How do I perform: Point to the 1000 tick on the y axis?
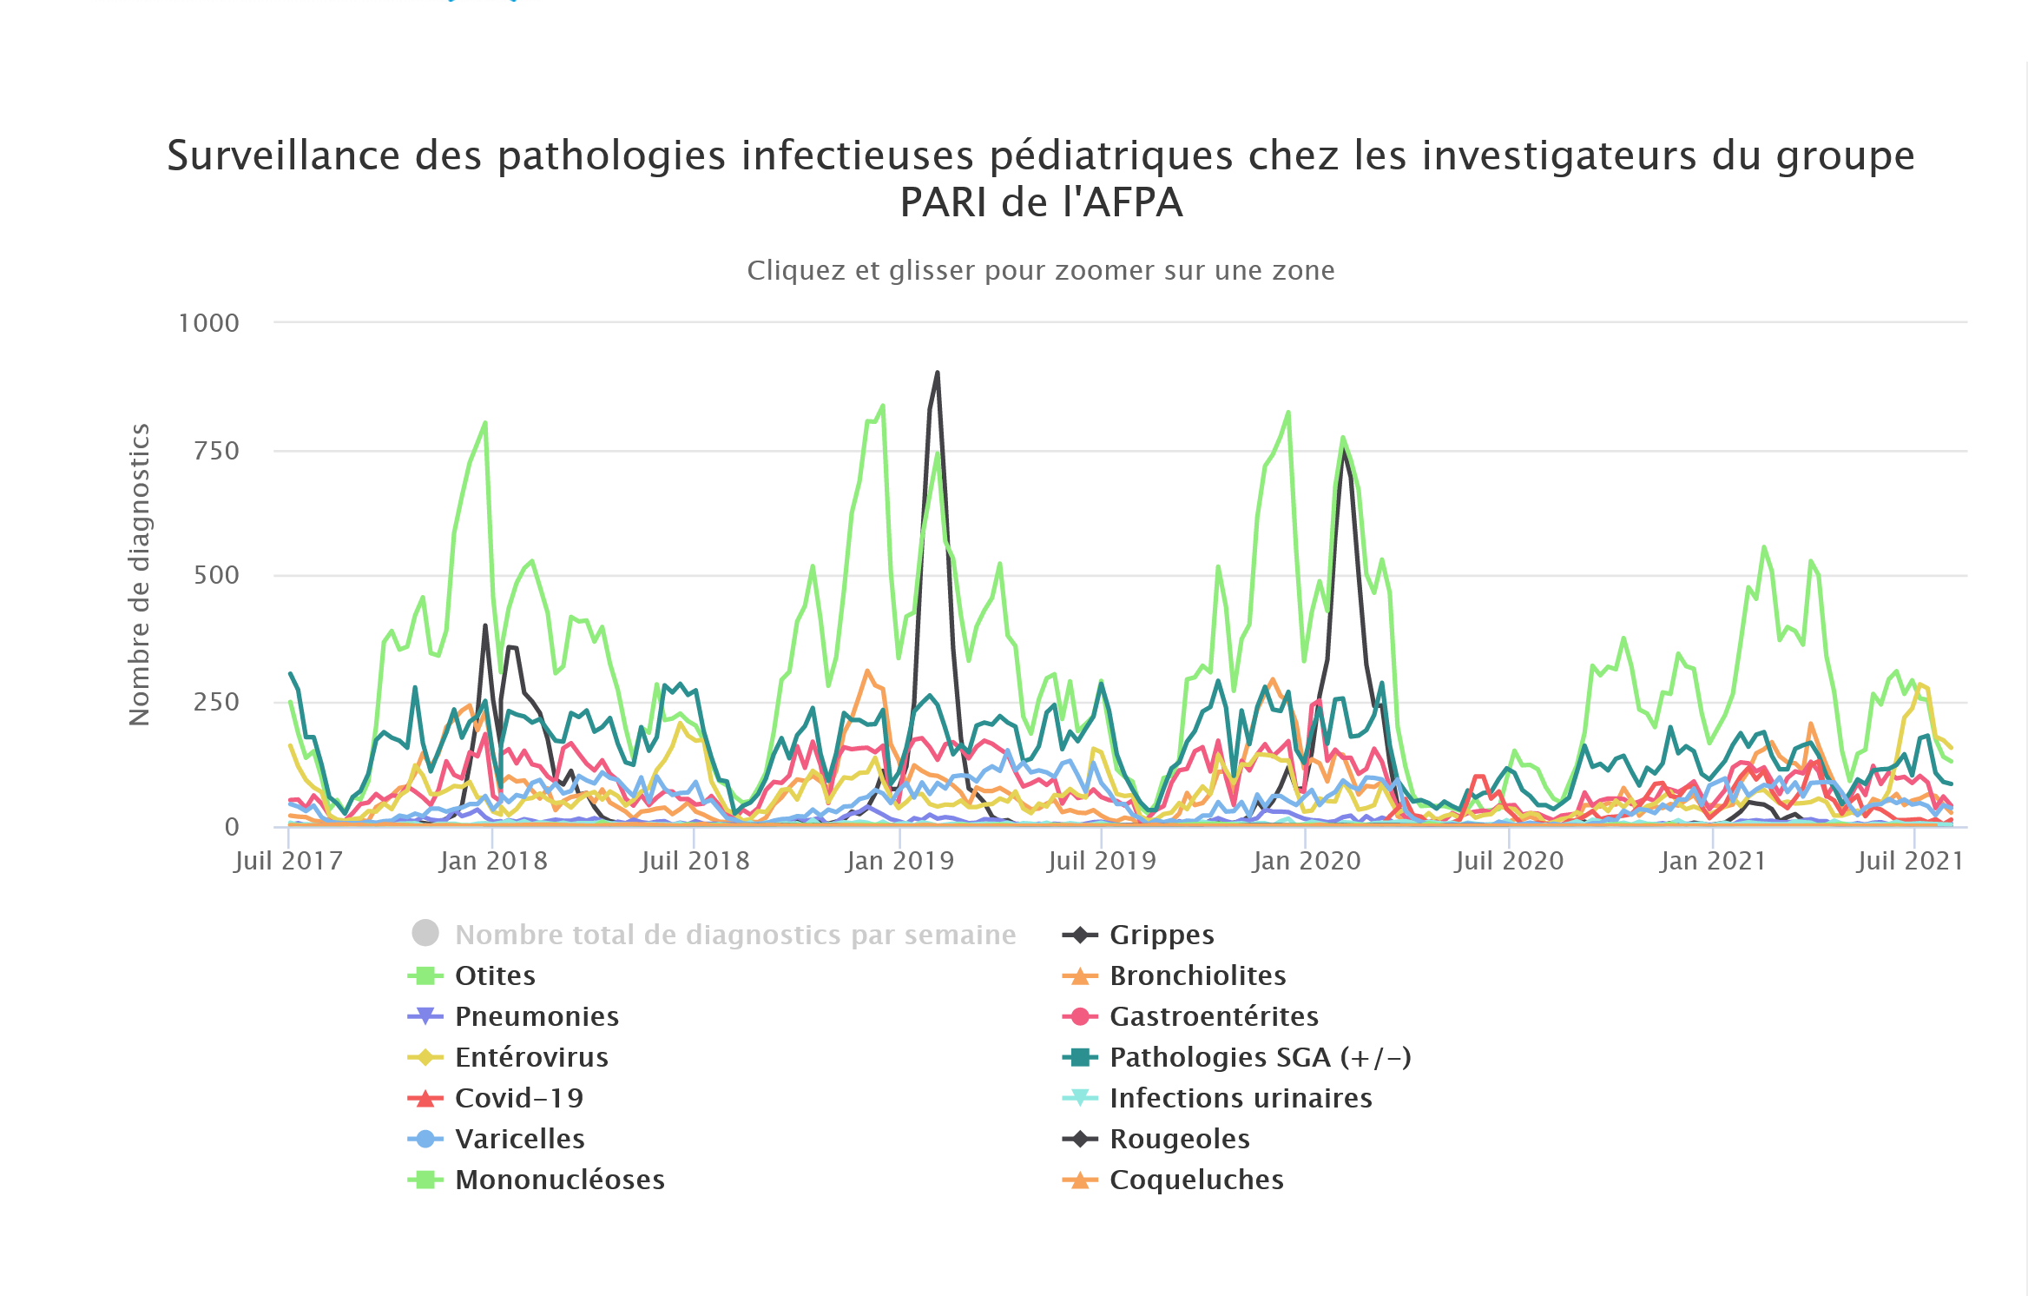click(208, 323)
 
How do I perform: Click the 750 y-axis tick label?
click(216, 451)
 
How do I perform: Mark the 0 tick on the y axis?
click(232, 827)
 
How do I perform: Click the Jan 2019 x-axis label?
click(900, 861)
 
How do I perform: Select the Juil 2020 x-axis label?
click(1509, 861)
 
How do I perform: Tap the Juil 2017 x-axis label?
click(288, 861)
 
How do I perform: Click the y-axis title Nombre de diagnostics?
click(140, 574)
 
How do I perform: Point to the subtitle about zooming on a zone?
click(1040, 270)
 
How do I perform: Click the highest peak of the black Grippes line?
click(937, 374)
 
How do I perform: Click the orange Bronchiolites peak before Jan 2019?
click(867, 671)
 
